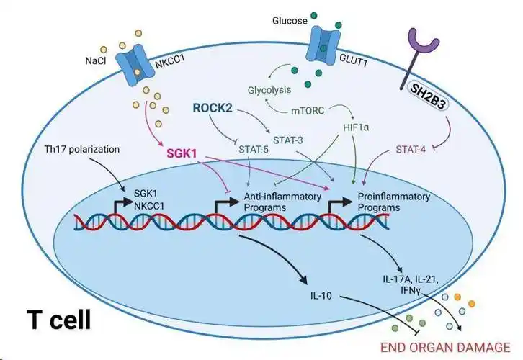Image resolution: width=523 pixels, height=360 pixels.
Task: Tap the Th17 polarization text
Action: tap(79, 150)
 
